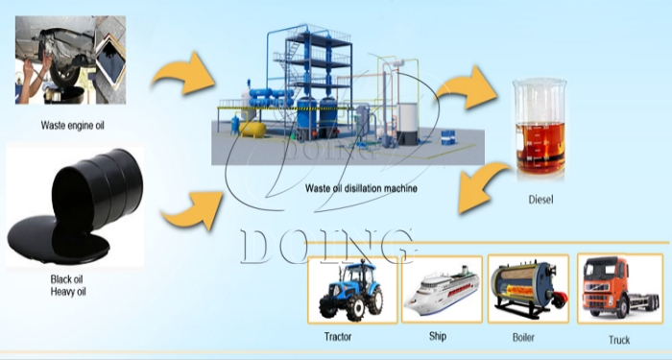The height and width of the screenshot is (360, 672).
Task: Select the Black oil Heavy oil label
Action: [70, 285]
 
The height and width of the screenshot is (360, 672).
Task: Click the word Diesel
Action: [542, 202]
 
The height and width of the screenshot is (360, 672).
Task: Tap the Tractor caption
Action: [338, 338]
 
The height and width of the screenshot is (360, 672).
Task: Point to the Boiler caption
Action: [525, 338]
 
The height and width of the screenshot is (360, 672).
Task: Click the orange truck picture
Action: [616, 288]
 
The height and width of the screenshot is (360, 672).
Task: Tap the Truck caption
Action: [619, 340]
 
